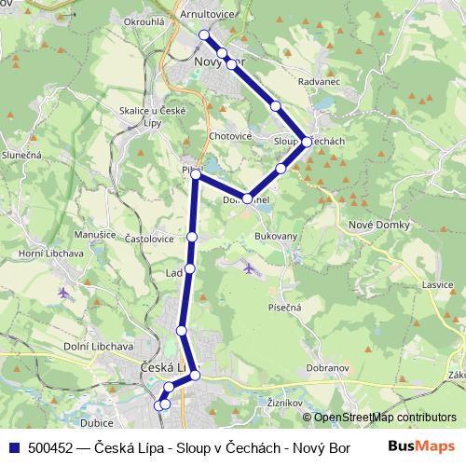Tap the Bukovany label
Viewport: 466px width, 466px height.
click(276, 237)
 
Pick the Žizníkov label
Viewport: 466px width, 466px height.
click(281, 403)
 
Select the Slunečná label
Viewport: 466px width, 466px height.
click(21, 154)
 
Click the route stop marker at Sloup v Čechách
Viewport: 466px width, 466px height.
click(306, 143)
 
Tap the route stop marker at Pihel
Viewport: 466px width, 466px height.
click(196, 174)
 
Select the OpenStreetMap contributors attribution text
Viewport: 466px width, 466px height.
click(379, 418)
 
